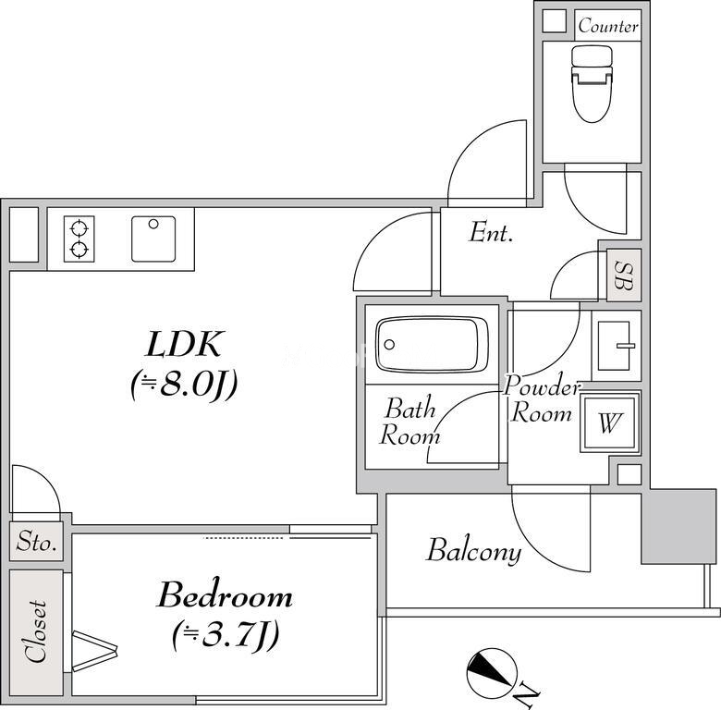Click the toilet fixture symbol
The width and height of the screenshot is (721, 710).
[593, 84]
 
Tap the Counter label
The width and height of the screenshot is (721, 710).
[608, 26]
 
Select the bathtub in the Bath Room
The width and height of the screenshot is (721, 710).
[432, 344]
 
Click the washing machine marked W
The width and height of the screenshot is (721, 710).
[610, 422]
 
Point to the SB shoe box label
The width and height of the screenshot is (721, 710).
[624, 275]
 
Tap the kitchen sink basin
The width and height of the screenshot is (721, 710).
[153, 239]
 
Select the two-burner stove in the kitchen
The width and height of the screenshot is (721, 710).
[79, 239]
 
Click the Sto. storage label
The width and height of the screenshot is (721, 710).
[36, 542]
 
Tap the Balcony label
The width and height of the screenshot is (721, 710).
[474, 550]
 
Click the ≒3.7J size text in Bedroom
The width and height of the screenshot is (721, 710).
[226, 635]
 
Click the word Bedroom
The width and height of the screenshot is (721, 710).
[225, 595]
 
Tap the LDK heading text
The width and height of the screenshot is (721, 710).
[184, 344]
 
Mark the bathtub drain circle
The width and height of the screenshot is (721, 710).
[389, 345]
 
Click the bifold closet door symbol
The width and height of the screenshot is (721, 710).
[95, 649]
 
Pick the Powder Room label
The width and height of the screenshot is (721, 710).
[543, 399]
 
